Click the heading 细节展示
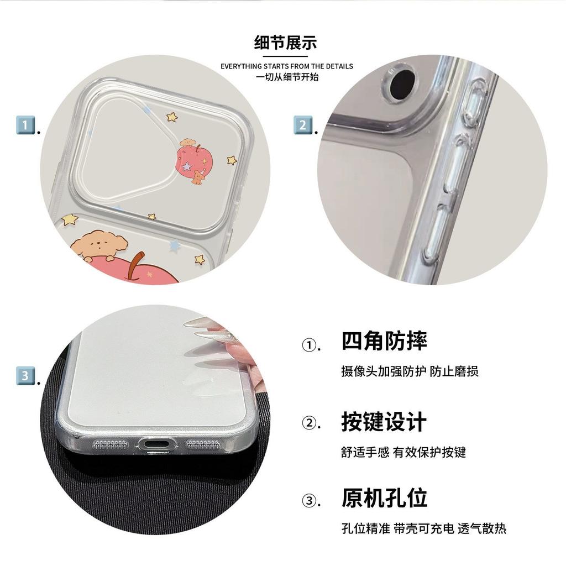285,43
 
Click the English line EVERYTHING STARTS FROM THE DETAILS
287,66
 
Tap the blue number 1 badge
25,125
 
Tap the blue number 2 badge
302,125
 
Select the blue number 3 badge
25,376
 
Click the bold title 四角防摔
384,340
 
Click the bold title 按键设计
384,421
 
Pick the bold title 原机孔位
384,498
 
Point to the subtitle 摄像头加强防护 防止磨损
410,371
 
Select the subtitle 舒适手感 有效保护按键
403,452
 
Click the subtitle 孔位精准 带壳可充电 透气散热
424,528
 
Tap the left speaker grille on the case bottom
111,445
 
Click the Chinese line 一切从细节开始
287,77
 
